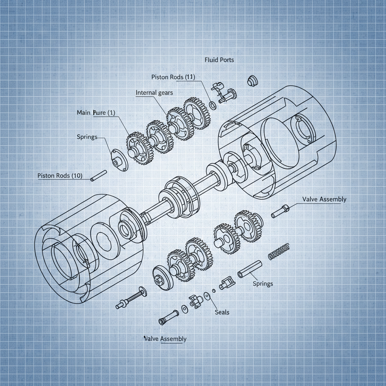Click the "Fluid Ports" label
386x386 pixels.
[219, 60]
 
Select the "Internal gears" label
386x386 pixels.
[154, 92]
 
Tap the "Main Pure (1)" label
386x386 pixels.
[96, 112]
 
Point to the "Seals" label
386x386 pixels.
[222, 312]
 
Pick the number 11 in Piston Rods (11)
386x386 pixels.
[190, 77]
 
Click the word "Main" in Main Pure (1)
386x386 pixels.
[83, 112]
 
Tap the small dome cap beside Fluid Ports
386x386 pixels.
[251, 80]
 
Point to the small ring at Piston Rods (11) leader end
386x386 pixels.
[213, 105]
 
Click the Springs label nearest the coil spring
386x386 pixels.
[263, 283]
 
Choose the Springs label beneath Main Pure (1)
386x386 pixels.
[87, 136]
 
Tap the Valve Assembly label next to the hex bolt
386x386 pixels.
[324, 199]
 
